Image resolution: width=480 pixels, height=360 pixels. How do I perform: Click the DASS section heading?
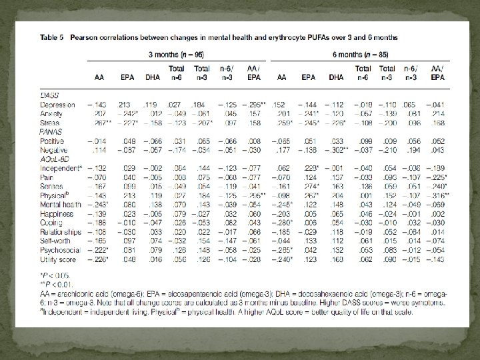click(50, 97)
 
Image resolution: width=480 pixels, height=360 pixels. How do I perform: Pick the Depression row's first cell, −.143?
click(97, 105)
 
